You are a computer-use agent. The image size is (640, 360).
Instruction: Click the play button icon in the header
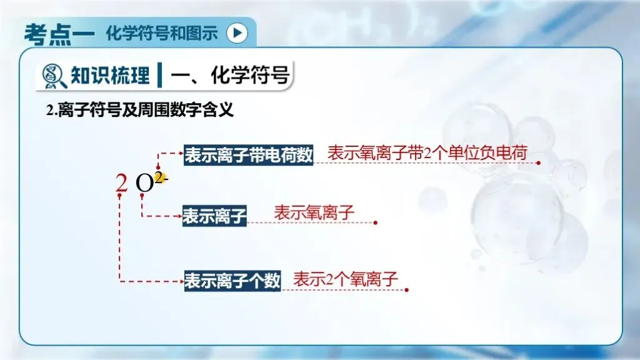(x=236, y=32)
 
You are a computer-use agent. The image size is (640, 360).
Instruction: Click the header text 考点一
(x=59, y=32)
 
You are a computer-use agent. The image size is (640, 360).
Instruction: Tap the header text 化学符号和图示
(x=162, y=32)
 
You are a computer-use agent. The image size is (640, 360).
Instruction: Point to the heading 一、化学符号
(x=230, y=76)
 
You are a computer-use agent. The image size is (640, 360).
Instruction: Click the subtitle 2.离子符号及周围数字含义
(x=140, y=111)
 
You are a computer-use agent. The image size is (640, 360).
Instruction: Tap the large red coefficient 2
(x=121, y=183)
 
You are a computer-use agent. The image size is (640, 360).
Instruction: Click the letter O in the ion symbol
(x=144, y=184)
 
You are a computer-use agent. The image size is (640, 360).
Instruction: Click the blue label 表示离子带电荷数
(x=248, y=155)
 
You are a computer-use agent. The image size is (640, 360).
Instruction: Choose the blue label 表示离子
(x=214, y=216)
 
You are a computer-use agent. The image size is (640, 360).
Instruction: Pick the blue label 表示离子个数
(x=232, y=280)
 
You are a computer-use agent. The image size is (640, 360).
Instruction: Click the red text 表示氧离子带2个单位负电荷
(x=427, y=152)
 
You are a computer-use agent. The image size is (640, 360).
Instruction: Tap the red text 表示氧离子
(x=314, y=212)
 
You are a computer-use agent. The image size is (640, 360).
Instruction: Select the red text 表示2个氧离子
(x=346, y=279)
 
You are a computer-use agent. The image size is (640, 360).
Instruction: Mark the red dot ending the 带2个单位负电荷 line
(x=539, y=162)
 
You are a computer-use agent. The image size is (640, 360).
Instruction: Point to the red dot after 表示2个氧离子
(x=407, y=289)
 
